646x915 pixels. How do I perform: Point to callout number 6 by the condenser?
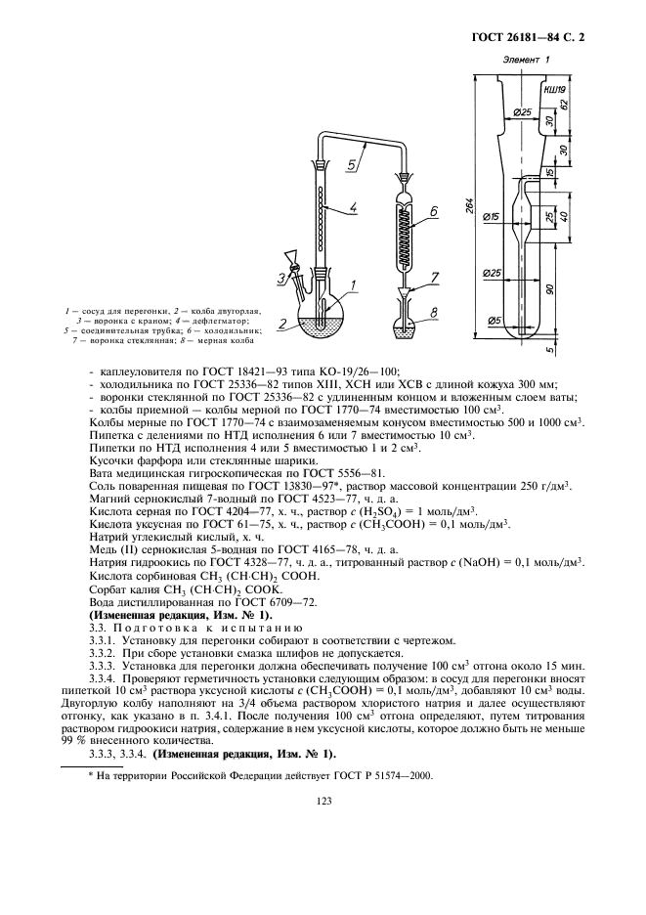pos(431,212)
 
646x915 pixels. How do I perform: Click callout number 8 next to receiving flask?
pos(434,312)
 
